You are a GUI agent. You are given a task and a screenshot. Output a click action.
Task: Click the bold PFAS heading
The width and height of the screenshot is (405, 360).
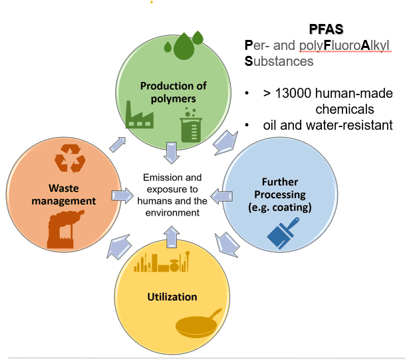click(326, 29)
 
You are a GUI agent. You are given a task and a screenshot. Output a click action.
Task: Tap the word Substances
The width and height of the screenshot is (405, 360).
click(279, 61)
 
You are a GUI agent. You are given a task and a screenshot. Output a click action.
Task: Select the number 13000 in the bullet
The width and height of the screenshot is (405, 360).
click(292, 93)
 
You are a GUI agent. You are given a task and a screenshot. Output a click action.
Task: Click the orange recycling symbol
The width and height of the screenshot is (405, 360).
click(70, 158)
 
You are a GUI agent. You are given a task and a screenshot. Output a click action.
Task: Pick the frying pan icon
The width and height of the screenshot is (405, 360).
click(198, 323)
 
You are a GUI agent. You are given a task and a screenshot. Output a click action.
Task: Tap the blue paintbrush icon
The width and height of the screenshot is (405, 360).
click(283, 233)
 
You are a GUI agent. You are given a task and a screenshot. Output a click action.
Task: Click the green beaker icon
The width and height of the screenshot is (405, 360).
click(191, 125)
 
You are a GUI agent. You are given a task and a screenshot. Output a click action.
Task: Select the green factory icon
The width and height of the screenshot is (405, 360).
click(140, 115)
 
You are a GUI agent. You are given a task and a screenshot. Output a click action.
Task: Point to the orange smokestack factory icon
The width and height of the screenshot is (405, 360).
click(65, 229)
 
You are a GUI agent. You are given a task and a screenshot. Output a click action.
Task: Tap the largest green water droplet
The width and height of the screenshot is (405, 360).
click(184, 47)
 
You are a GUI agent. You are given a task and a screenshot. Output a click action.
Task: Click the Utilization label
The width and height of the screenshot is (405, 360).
click(172, 297)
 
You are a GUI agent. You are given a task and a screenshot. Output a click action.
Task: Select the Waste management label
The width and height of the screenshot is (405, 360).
click(64, 194)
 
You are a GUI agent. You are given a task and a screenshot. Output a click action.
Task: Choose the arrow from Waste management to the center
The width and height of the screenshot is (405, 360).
click(122, 196)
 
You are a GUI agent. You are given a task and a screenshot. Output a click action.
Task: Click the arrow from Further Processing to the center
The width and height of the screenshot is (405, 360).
click(221, 196)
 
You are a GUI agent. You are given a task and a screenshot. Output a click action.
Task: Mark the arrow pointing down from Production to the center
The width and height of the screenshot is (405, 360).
click(172, 153)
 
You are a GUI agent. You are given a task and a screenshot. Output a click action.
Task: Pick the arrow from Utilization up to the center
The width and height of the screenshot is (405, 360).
click(172, 237)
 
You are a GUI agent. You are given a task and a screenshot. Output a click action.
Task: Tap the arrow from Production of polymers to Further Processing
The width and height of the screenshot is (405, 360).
click(226, 143)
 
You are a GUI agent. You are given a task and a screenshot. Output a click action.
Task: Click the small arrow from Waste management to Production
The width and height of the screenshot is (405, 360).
click(118, 144)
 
